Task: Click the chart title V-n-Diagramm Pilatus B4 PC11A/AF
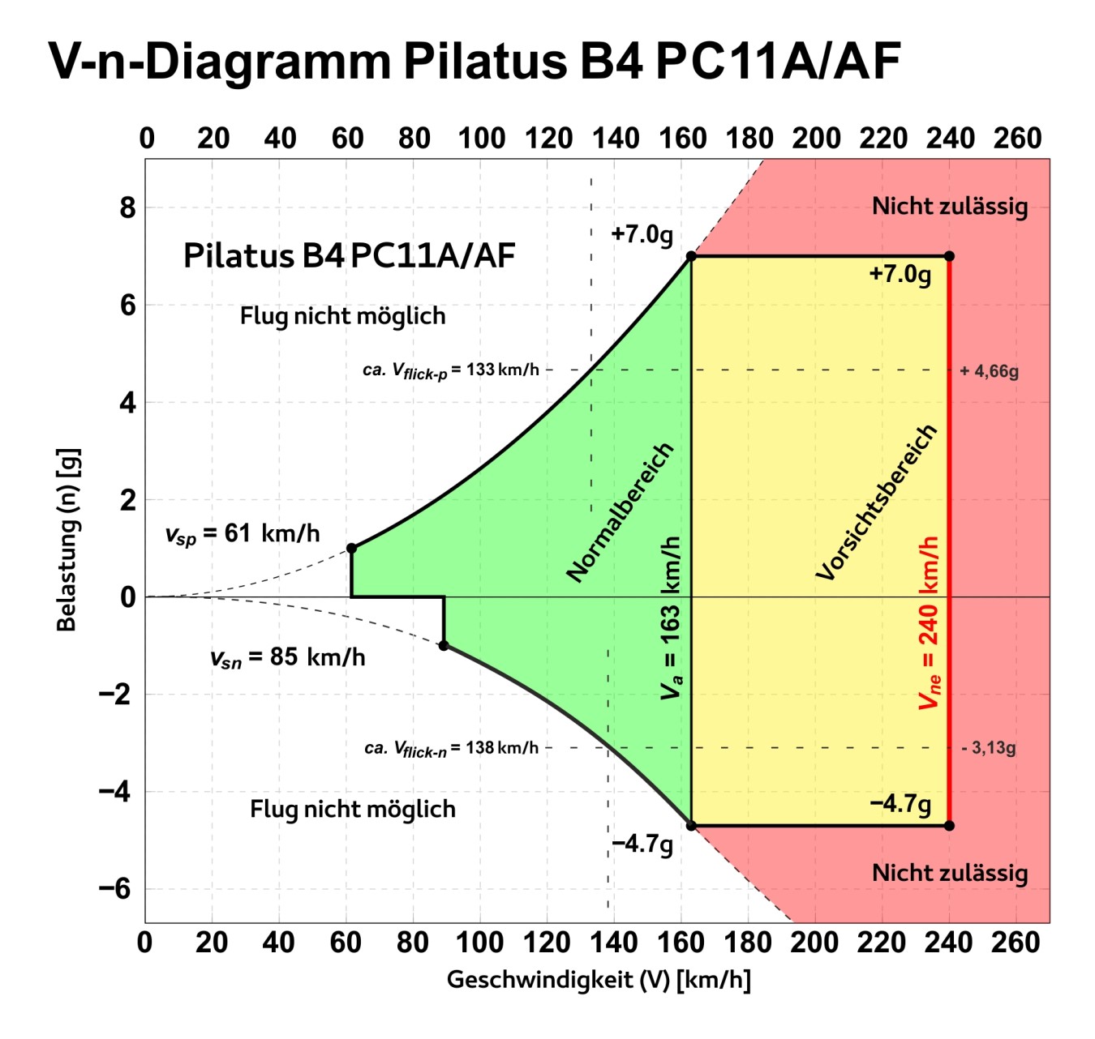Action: pyautogui.click(x=474, y=61)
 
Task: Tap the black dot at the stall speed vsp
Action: pyautogui.click(x=351, y=549)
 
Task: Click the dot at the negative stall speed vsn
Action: pyautogui.click(x=444, y=646)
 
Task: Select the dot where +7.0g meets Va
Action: pyautogui.click(x=691, y=256)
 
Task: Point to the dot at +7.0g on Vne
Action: pyautogui.click(x=949, y=256)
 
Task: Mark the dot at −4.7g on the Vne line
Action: pyautogui.click(x=949, y=826)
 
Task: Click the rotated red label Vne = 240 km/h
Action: pyautogui.click(x=930, y=622)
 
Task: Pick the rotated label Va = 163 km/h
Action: pyautogui.click(x=672, y=618)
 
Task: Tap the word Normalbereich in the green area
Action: pyautogui.click(x=620, y=513)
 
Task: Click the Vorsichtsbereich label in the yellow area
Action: pyautogui.click(x=877, y=502)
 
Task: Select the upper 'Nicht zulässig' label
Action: pyautogui.click(x=950, y=207)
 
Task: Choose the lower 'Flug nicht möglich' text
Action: pyautogui.click(x=353, y=809)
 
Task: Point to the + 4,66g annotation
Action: pyautogui.click(x=989, y=372)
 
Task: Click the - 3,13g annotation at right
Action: pyautogui.click(x=988, y=748)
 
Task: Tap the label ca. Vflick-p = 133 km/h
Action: pyautogui.click(x=451, y=370)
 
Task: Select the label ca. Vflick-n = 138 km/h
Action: pyautogui.click(x=451, y=748)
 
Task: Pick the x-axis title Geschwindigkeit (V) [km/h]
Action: pyautogui.click(x=599, y=980)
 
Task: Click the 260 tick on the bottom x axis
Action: pyautogui.click(x=1016, y=943)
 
